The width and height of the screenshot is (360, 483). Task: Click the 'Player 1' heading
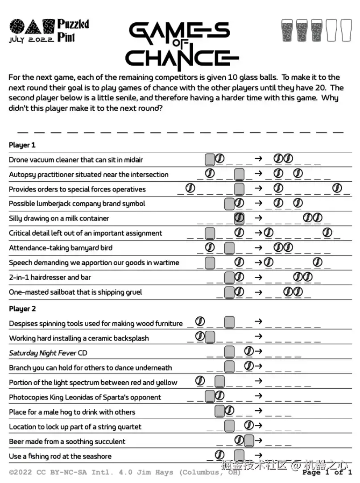point(22,145)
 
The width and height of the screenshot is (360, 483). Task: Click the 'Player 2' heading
point(22,309)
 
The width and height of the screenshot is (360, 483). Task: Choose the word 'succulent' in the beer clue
point(109,441)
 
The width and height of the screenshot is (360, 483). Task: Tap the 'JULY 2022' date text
point(32,39)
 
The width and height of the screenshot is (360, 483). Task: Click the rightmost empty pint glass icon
point(346,30)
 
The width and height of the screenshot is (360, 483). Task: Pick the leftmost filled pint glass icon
point(287,30)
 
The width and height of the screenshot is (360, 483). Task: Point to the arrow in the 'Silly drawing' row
point(258,218)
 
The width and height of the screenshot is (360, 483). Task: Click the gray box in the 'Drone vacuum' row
point(210,159)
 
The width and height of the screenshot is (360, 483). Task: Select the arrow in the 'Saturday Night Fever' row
point(258,351)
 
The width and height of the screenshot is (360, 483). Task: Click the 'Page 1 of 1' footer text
point(327,472)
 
